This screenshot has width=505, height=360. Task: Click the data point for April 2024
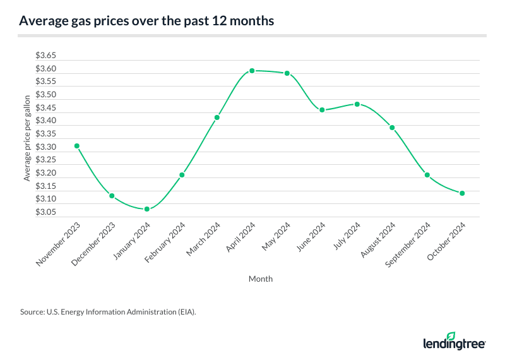click(x=252, y=71)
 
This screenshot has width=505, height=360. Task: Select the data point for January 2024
click(x=146, y=209)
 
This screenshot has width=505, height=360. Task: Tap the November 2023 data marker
click(x=76, y=146)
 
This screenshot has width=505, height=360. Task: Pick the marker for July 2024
click(x=357, y=104)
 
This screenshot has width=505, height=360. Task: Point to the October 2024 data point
click(x=462, y=193)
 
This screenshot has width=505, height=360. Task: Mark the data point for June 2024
click(x=322, y=110)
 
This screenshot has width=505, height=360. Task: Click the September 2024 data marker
click(x=427, y=175)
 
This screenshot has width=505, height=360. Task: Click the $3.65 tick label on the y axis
click(x=46, y=56)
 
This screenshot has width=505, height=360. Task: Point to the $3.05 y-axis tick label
click(x=46, y=212)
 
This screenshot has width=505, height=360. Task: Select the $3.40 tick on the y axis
click(x=46, y=121)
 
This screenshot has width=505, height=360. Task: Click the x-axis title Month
click(x=261, y=279)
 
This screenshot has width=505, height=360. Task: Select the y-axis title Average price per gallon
click(x=27, y=138)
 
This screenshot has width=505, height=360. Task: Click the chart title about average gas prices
click(x=146, y=20)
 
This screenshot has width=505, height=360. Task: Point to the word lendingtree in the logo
click(x=454, y=344)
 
